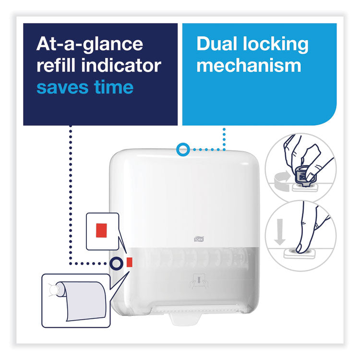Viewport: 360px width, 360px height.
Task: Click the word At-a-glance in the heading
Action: (90, 44)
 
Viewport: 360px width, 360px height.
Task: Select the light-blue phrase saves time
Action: (85, 87)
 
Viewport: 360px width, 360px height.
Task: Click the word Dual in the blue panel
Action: (218, 44)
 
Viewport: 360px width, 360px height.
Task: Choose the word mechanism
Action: (249, 66)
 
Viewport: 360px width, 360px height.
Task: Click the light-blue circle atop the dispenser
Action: (182, 150)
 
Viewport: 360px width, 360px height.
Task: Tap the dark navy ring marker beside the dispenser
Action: (115, 263)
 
